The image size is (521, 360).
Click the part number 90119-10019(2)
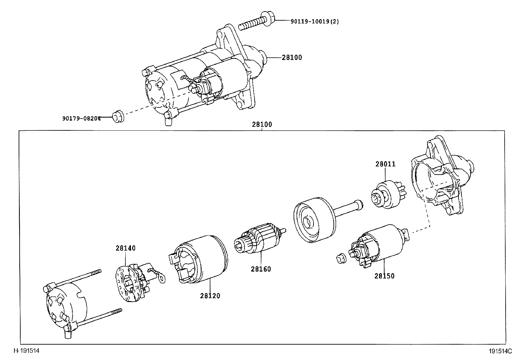(314, 22)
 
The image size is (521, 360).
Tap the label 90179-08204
(81, 118)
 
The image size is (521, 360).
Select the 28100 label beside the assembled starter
(292, 58)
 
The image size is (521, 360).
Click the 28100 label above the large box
(262, 124)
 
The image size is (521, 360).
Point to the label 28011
(385, 164)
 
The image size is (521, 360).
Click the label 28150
(384, 276)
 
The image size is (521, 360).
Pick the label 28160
(261, 269)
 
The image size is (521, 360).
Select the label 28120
(210, 296)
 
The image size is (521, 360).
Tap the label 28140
(125, 248)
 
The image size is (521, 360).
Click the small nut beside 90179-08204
(117, 117)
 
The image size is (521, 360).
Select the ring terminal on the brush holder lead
(161, 278)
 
